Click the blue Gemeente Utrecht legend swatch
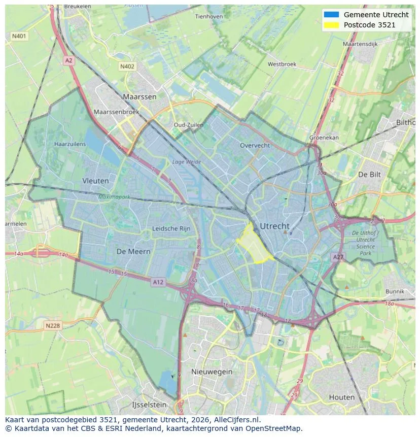331,15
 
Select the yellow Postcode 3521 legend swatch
331,25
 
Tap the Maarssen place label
139,96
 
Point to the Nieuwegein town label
212,372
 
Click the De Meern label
133,251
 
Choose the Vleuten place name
95,181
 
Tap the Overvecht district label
255,145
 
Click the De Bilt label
369,174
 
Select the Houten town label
342,397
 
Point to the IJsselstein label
149,405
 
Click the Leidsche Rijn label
171,228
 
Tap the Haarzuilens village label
70,144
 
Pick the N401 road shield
19,36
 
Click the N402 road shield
127,66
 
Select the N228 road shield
52,326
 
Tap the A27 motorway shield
338,257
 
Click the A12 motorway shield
158,282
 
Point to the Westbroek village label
282,64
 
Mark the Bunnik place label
395,291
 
